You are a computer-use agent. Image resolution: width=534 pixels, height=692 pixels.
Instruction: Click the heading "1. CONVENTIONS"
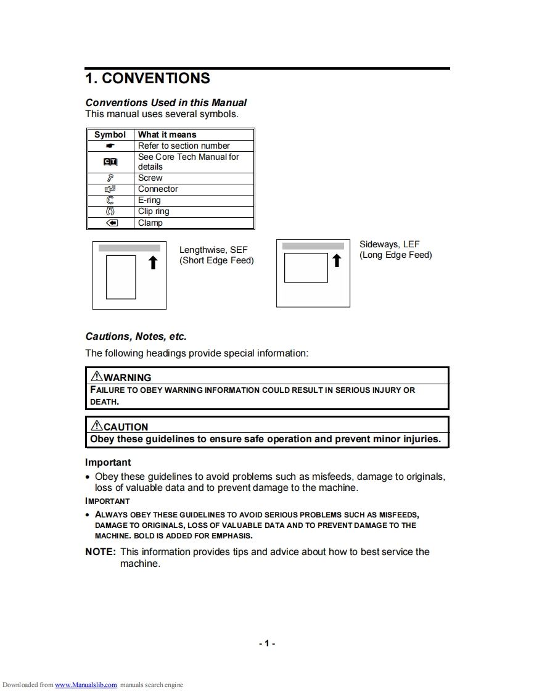147,78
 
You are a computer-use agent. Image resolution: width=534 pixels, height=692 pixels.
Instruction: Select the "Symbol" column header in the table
110,134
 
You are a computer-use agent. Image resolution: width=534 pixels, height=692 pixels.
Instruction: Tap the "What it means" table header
167,134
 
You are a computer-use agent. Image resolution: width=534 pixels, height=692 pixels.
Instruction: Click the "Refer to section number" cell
184,146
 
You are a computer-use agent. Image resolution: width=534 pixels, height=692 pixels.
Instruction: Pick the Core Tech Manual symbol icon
110,162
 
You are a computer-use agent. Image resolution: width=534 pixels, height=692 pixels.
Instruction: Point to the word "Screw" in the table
150,178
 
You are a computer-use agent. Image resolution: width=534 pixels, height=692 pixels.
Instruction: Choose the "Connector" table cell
158,189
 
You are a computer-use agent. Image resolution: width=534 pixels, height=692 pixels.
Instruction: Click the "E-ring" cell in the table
149,200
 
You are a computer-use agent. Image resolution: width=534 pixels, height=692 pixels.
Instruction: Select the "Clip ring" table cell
154,211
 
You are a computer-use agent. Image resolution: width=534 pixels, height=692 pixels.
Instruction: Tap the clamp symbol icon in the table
110,223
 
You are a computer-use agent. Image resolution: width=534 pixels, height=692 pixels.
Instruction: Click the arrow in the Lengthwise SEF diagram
153,263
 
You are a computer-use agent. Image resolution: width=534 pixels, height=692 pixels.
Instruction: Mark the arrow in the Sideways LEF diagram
336,261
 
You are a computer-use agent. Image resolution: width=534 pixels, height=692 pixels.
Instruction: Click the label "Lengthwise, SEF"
213,250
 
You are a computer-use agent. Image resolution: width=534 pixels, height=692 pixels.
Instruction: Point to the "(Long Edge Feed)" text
396,255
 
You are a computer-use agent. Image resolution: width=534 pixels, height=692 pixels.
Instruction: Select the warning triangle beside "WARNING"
97,376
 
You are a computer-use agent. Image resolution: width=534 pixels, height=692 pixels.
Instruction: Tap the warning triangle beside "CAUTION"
97,426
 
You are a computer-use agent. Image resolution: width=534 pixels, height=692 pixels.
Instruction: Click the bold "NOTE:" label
101,551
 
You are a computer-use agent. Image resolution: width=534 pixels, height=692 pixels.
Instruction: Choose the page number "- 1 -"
267,643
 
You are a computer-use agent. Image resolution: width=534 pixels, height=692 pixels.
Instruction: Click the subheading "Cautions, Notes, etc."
136,337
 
